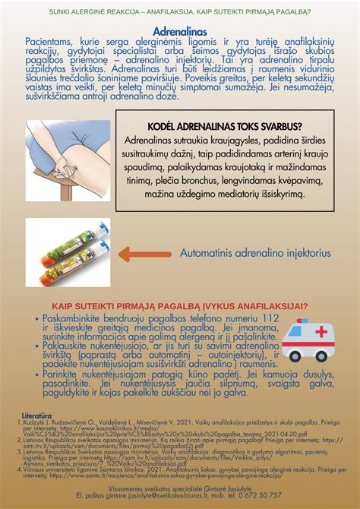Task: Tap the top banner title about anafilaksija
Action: [180, 11]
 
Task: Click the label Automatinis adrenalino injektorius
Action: [255, 253]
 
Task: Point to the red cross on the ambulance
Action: [321, 332]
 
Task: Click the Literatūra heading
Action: [37, 416]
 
